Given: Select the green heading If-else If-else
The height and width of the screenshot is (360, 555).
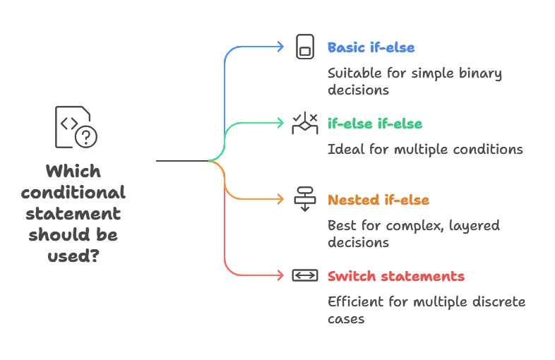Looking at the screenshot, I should [375, 124].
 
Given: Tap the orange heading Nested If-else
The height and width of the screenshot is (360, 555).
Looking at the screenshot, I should [378, 200].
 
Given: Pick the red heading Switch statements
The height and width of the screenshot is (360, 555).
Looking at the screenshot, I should [397, 275].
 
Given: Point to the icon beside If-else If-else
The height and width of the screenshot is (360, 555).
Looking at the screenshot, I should [304, 124].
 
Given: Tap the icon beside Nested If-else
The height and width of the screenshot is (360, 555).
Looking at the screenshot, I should [304, 200].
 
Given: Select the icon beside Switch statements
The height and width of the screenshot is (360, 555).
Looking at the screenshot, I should [304, 275].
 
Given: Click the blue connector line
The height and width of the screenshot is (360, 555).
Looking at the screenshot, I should [225, 85].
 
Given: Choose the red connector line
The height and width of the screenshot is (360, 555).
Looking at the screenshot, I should [225, 240].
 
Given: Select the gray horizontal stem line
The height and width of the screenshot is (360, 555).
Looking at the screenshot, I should [180, 161].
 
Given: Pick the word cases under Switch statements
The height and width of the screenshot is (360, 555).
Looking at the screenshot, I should [347, 320].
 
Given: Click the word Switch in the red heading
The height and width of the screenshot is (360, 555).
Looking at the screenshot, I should [347, 275].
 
